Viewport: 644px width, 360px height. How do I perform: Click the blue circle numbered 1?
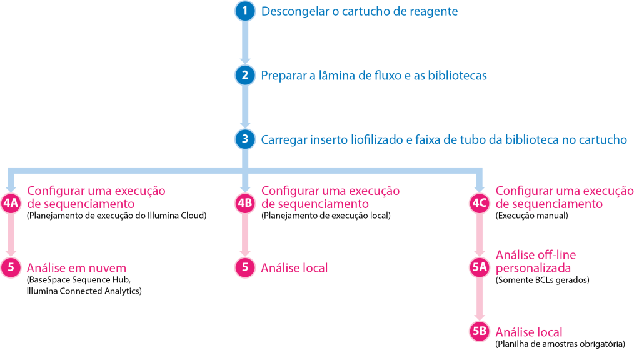(x=245, y=11)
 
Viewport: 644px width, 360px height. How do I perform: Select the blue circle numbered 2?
(x=245, y=76)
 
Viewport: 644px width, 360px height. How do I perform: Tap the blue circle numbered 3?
(x=245, y=139)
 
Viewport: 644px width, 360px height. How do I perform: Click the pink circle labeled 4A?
(x=11, y=203)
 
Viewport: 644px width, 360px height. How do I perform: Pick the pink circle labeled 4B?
(x=245, y=203)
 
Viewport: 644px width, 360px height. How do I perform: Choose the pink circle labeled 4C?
(x=480, y=203)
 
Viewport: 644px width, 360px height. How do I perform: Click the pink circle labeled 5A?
(x=480, y=267)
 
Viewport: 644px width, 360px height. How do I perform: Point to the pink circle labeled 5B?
(x=480, y=332)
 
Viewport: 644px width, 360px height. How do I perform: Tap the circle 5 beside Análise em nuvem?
(x=11, y=267)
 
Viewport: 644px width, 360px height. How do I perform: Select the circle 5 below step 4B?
(x=245, y=267)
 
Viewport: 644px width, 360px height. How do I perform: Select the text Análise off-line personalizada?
(x=535, y=261)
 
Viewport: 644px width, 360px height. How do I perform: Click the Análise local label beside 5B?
(x=528, y=332)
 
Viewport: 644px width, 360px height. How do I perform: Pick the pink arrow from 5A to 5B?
(x=480, y=300)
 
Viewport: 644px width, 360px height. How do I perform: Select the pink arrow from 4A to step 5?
(x=11, y=236)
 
